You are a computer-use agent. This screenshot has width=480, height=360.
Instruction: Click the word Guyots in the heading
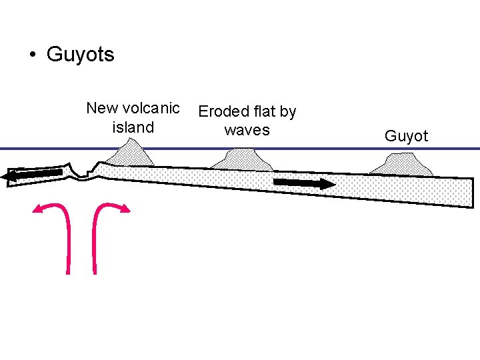(80, 54)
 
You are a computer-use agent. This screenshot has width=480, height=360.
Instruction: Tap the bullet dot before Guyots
(31, 55)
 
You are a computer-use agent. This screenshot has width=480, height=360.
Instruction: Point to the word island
(133, 127)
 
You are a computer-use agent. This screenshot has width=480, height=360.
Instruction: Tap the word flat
(262, 111)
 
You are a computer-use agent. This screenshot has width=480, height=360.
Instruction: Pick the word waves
(247, 130)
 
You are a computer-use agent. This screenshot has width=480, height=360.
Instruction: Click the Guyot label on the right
(406, 137)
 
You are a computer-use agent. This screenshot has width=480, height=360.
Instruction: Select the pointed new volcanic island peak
(131, 155)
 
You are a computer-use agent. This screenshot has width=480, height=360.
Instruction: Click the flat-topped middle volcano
(239, 160)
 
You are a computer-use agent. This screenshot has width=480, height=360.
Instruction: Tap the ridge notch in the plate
(83, 175)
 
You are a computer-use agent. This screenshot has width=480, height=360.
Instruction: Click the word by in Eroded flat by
(288, 111)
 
